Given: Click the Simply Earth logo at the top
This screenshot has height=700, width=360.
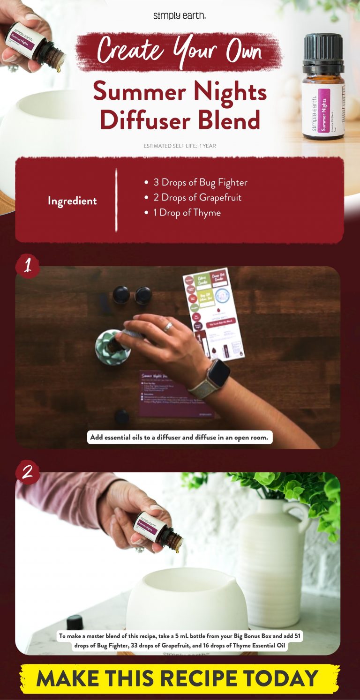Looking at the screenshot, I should (x=180, y=16).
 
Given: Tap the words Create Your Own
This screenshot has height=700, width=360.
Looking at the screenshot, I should (x=180, y=51).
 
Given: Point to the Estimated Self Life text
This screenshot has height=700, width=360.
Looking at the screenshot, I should (x=180, y=146).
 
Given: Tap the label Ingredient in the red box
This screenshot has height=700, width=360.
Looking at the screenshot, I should (x=72, y=201).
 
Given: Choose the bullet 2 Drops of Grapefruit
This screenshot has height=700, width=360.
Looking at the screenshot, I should (x=193, y=197).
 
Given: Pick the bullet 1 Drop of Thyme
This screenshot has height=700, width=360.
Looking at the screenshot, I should (x=183, y=213).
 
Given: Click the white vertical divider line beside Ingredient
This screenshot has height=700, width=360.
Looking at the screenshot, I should (x=116, y=201).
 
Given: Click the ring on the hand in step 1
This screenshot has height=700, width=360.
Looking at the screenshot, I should (x=168, y=327).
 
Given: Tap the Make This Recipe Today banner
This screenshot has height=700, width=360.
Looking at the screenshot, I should (x=180, y=678).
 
